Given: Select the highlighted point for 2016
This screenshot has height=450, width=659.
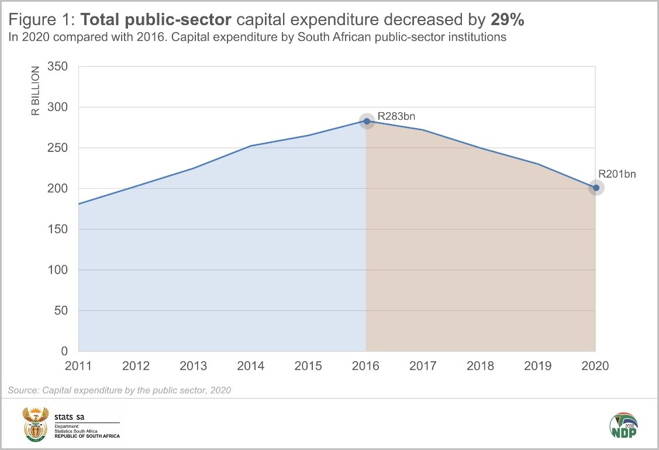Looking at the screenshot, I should [x=367, y=122].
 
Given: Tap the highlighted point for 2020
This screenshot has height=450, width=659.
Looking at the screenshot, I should [x=596, y=188].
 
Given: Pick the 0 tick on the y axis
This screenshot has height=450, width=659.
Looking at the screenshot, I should [x=65, y=351].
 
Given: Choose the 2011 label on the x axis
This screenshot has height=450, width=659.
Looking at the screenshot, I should [x=78, y=366].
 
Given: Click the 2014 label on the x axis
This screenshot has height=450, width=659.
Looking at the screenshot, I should [x=250, y=366].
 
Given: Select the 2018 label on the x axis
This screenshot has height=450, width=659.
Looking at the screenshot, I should [x=480, y=366].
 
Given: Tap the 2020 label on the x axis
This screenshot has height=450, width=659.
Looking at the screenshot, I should [x=595, y=366].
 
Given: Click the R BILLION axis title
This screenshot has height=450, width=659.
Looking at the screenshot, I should [x=36, y=91].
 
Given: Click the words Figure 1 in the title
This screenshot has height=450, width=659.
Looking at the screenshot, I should [x=40, y=19].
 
